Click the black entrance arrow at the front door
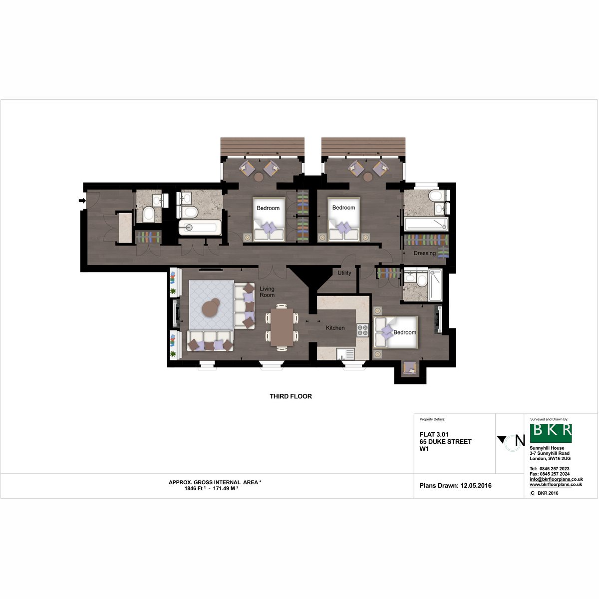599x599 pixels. point(82,201)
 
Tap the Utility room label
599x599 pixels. point(344,273)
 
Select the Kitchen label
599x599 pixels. point(335,328)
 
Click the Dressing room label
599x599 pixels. point(425,254)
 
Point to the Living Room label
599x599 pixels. point(267,292)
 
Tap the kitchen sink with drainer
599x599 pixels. point(345,354)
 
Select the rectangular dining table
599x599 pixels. point(282,327)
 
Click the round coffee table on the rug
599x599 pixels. point(211,308)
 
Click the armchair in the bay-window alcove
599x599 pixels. point(410,368)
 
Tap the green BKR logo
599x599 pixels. point(551,433)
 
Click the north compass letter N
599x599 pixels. point(520,440)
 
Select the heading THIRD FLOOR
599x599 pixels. point(291,396)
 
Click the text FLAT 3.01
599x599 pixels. point(434,435)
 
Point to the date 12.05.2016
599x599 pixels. point(476,486)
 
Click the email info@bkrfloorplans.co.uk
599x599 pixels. point(557,479)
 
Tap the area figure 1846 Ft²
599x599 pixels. point(195,488)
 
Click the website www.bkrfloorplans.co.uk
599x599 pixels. point(556,485)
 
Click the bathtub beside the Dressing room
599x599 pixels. point(426,224)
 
